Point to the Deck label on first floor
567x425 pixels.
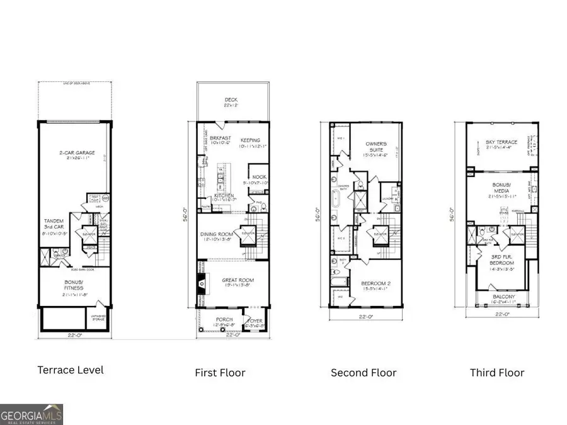coord(231,100)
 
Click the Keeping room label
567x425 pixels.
coord(250,140)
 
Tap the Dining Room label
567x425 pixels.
coord(215,235)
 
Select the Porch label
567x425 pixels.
coord(224,320)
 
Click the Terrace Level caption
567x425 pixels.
coord(70,370)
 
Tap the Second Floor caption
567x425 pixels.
coord(364,373)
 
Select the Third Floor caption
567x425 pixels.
coord(496,373)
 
